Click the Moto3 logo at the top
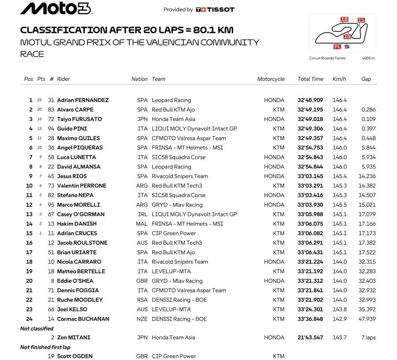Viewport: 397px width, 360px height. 56,9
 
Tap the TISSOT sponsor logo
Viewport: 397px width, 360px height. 215,9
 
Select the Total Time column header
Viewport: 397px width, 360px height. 310,79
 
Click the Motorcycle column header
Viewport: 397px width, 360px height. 271,79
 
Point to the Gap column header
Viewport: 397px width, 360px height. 366,79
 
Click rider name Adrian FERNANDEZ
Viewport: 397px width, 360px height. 83,100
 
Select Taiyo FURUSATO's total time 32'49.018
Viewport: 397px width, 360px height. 310,119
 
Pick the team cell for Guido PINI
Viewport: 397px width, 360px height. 194,129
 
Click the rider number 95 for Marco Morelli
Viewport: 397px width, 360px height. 51,205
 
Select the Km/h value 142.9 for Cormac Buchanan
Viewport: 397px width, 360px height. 340,319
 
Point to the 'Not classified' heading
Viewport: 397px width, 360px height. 37,329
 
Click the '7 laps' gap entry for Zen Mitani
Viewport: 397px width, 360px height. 368,337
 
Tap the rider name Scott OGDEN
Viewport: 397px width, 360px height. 75,356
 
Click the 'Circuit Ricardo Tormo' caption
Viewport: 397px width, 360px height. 328,58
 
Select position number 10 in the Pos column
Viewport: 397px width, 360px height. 30,186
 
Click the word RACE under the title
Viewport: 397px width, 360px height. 32,54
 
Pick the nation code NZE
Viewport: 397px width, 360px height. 142,319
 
